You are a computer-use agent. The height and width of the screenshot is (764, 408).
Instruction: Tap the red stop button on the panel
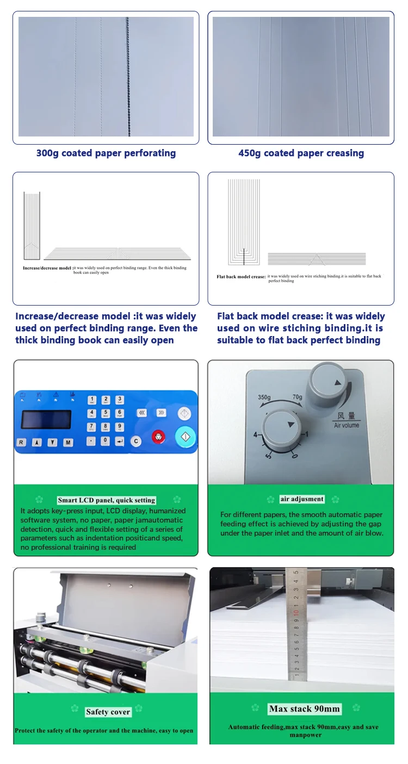(158, 436)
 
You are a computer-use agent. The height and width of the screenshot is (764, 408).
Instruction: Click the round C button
(136, 441)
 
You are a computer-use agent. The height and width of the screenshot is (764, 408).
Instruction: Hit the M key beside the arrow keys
(68, 443)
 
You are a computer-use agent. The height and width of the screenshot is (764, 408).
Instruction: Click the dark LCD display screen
(46, 419)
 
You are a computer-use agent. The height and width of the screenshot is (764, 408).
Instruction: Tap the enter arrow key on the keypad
(120, 441)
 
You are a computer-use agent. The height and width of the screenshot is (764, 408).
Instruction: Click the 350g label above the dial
(265, 397)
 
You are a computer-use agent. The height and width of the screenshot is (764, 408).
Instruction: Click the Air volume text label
(347, 425)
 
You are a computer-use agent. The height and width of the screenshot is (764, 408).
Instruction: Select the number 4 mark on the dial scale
(256, 434)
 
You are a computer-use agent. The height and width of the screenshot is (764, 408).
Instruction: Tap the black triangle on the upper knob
(338, 383)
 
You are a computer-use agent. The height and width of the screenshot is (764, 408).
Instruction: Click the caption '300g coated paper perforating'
(106, 153)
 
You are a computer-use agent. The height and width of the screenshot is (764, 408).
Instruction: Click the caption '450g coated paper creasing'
(301, 153)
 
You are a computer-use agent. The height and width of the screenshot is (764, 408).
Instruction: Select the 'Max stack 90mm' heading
(305, 709)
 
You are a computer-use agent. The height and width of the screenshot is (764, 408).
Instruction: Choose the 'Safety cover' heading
(108, 712)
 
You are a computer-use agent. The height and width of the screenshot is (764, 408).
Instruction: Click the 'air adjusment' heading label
(302, 499)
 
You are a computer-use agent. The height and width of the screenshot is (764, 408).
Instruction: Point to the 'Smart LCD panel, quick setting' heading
(107, 500)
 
